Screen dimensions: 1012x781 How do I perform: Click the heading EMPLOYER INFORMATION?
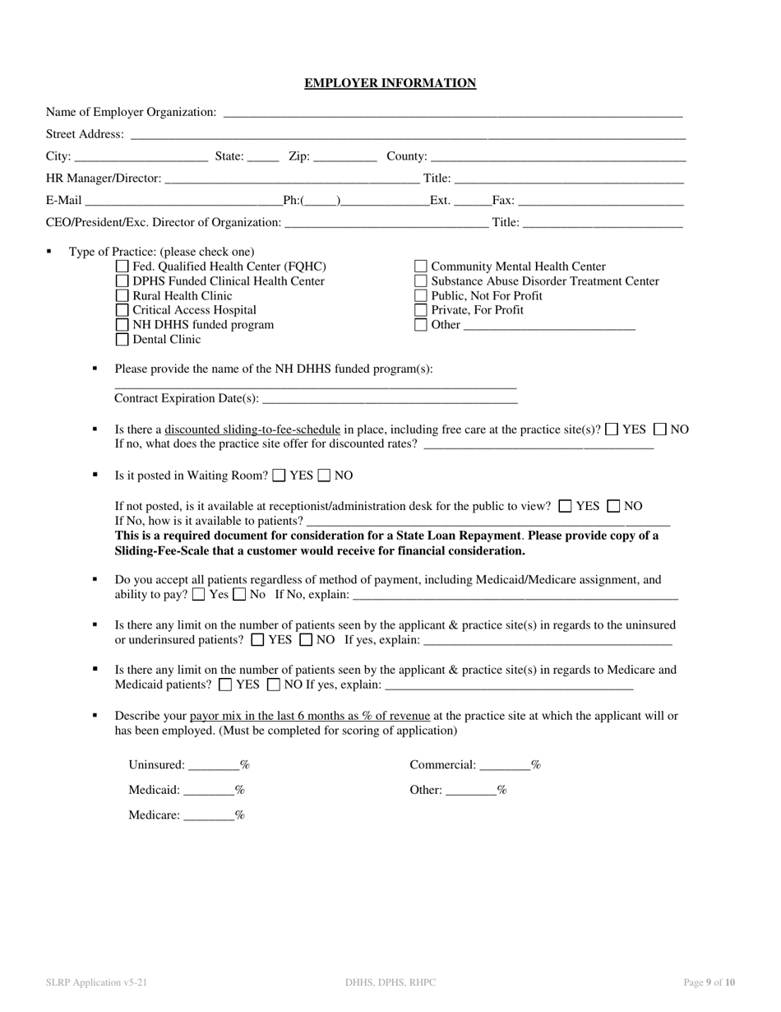[x=390, y=83]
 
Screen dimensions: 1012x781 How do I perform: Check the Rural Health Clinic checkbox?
[x=122, y=296]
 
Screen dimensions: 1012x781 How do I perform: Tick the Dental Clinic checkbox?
[x=122, y=340]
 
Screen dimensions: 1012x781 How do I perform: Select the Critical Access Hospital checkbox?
[x=122, y=311]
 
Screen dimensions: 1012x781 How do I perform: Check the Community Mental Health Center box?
[x=421, y=267]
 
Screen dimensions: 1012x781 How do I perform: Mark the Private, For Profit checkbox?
[x=421, y=311]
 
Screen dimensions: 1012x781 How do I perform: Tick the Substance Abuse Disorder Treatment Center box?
[x=421, y=281]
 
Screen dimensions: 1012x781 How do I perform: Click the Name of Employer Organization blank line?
[x=452, y=114]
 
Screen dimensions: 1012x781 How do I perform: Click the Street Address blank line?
[x=407, y=136]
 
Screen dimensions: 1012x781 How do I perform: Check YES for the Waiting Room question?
[x=280, y=476]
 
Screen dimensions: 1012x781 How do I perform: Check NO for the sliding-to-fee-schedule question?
[x=660, y=429]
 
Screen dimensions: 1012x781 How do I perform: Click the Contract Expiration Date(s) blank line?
[x=390, y=400]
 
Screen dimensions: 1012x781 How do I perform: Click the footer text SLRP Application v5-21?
[x=97, y=982]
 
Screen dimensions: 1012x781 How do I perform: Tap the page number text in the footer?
[x=709, y=982]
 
